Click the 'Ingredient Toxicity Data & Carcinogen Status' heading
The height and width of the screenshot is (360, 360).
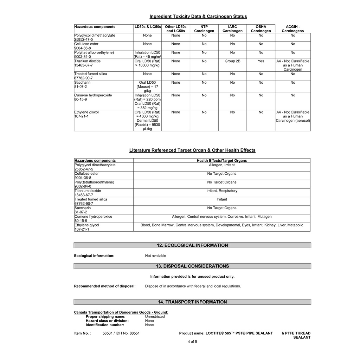(x=198, y=17)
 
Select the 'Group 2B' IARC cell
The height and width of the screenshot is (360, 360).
(x=232, y=61)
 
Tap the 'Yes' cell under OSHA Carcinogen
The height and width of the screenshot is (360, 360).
(x=261, y=61)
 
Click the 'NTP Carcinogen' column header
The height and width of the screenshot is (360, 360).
(x=204, y=29)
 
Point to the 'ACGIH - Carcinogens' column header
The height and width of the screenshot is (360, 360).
(x=292, y=29)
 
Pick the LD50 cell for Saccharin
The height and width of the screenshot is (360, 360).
(x=147, y=86)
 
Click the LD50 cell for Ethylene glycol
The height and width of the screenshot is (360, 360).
(x=147, y=121)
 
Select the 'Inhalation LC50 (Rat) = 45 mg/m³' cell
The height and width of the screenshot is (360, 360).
(x=147, y=54)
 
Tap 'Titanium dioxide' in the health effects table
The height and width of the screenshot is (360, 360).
(x=88, y=191)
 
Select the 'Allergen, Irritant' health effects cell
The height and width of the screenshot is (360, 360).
(x=221, y=165)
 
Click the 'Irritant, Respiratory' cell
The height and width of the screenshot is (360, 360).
(x=221, y=191)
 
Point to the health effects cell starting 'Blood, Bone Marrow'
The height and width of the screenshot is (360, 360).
(x=221, y=225)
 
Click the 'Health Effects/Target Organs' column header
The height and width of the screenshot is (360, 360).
(x=221, y=161)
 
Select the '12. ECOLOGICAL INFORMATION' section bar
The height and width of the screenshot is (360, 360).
(x=192, y=245)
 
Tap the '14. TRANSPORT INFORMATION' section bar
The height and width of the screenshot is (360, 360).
(x=192, y=302)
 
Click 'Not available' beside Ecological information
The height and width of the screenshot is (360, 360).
(x=155, y=256)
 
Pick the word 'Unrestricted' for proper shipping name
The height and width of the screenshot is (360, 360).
(x=155, y=317)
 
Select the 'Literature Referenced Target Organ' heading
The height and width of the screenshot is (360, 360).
(x=192, y=150)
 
